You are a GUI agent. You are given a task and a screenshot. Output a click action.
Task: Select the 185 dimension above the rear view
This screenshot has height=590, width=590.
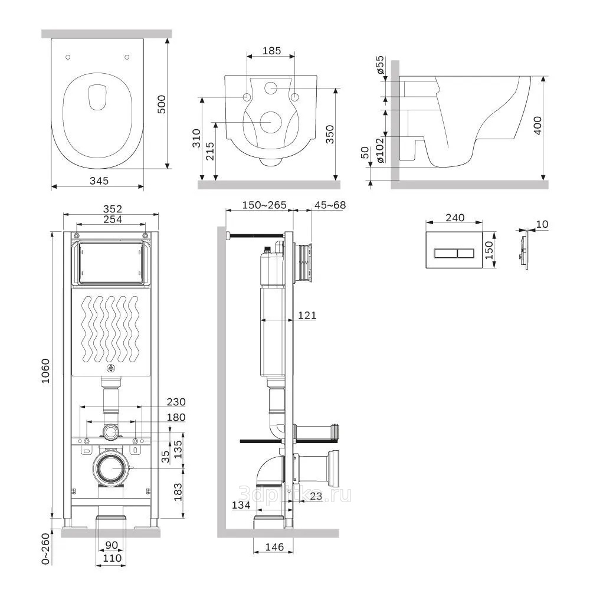coord(271,51)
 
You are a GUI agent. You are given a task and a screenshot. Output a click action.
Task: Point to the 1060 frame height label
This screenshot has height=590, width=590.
coord(46,372)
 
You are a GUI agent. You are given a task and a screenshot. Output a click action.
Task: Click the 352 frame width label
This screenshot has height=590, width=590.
coord(112,208)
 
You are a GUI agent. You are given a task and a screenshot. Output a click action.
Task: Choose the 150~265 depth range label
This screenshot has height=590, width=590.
coord(264,205)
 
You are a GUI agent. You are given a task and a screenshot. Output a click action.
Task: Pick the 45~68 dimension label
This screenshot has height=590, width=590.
coord(330,205)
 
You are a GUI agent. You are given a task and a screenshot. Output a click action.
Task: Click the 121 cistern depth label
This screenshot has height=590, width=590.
coord(307,316)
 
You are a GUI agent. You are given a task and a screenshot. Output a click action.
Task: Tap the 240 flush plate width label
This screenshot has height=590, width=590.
coord(454,217)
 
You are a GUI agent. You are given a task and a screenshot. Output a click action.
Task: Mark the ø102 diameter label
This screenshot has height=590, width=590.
coord(381,150)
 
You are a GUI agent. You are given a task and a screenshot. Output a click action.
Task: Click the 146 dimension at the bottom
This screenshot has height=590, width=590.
coord(274,547)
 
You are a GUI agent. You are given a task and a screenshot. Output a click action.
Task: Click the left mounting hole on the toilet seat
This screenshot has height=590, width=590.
coord(68,57)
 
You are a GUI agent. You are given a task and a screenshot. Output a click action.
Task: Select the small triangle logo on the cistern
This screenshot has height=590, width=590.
coord(110,369)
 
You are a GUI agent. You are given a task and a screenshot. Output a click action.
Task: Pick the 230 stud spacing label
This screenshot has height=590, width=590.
coord(176,402)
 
